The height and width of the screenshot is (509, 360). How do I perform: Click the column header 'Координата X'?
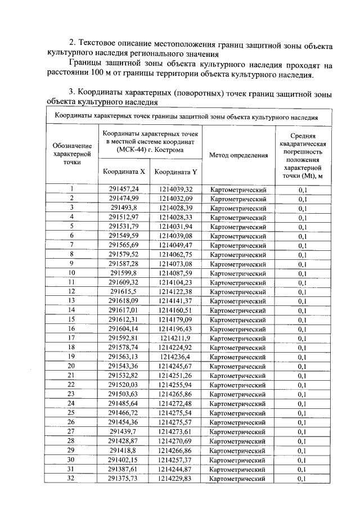point(123,171)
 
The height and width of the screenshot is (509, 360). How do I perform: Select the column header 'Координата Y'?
point(175,172)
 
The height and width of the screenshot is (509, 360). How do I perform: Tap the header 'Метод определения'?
point(238,155)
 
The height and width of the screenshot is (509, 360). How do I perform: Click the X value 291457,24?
point(123,190)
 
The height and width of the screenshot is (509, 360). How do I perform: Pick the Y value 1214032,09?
point(175,199)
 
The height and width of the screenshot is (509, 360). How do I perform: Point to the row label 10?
point(71,273)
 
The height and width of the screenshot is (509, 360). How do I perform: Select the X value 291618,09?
point(123,301)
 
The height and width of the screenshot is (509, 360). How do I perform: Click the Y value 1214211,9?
point(175,338)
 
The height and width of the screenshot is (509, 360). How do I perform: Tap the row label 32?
point(71,478)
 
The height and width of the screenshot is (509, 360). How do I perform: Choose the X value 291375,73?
point(123,478)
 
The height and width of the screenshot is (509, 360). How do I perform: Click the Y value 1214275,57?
point(175,422)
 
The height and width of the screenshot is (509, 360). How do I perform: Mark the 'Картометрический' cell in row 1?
point(238,190)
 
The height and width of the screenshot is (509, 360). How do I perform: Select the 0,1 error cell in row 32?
point(303,478)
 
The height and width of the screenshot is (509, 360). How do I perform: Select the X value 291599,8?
point(123,273)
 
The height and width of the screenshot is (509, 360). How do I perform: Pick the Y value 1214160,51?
point(175,310)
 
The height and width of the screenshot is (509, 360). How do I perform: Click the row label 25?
point(71,413)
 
